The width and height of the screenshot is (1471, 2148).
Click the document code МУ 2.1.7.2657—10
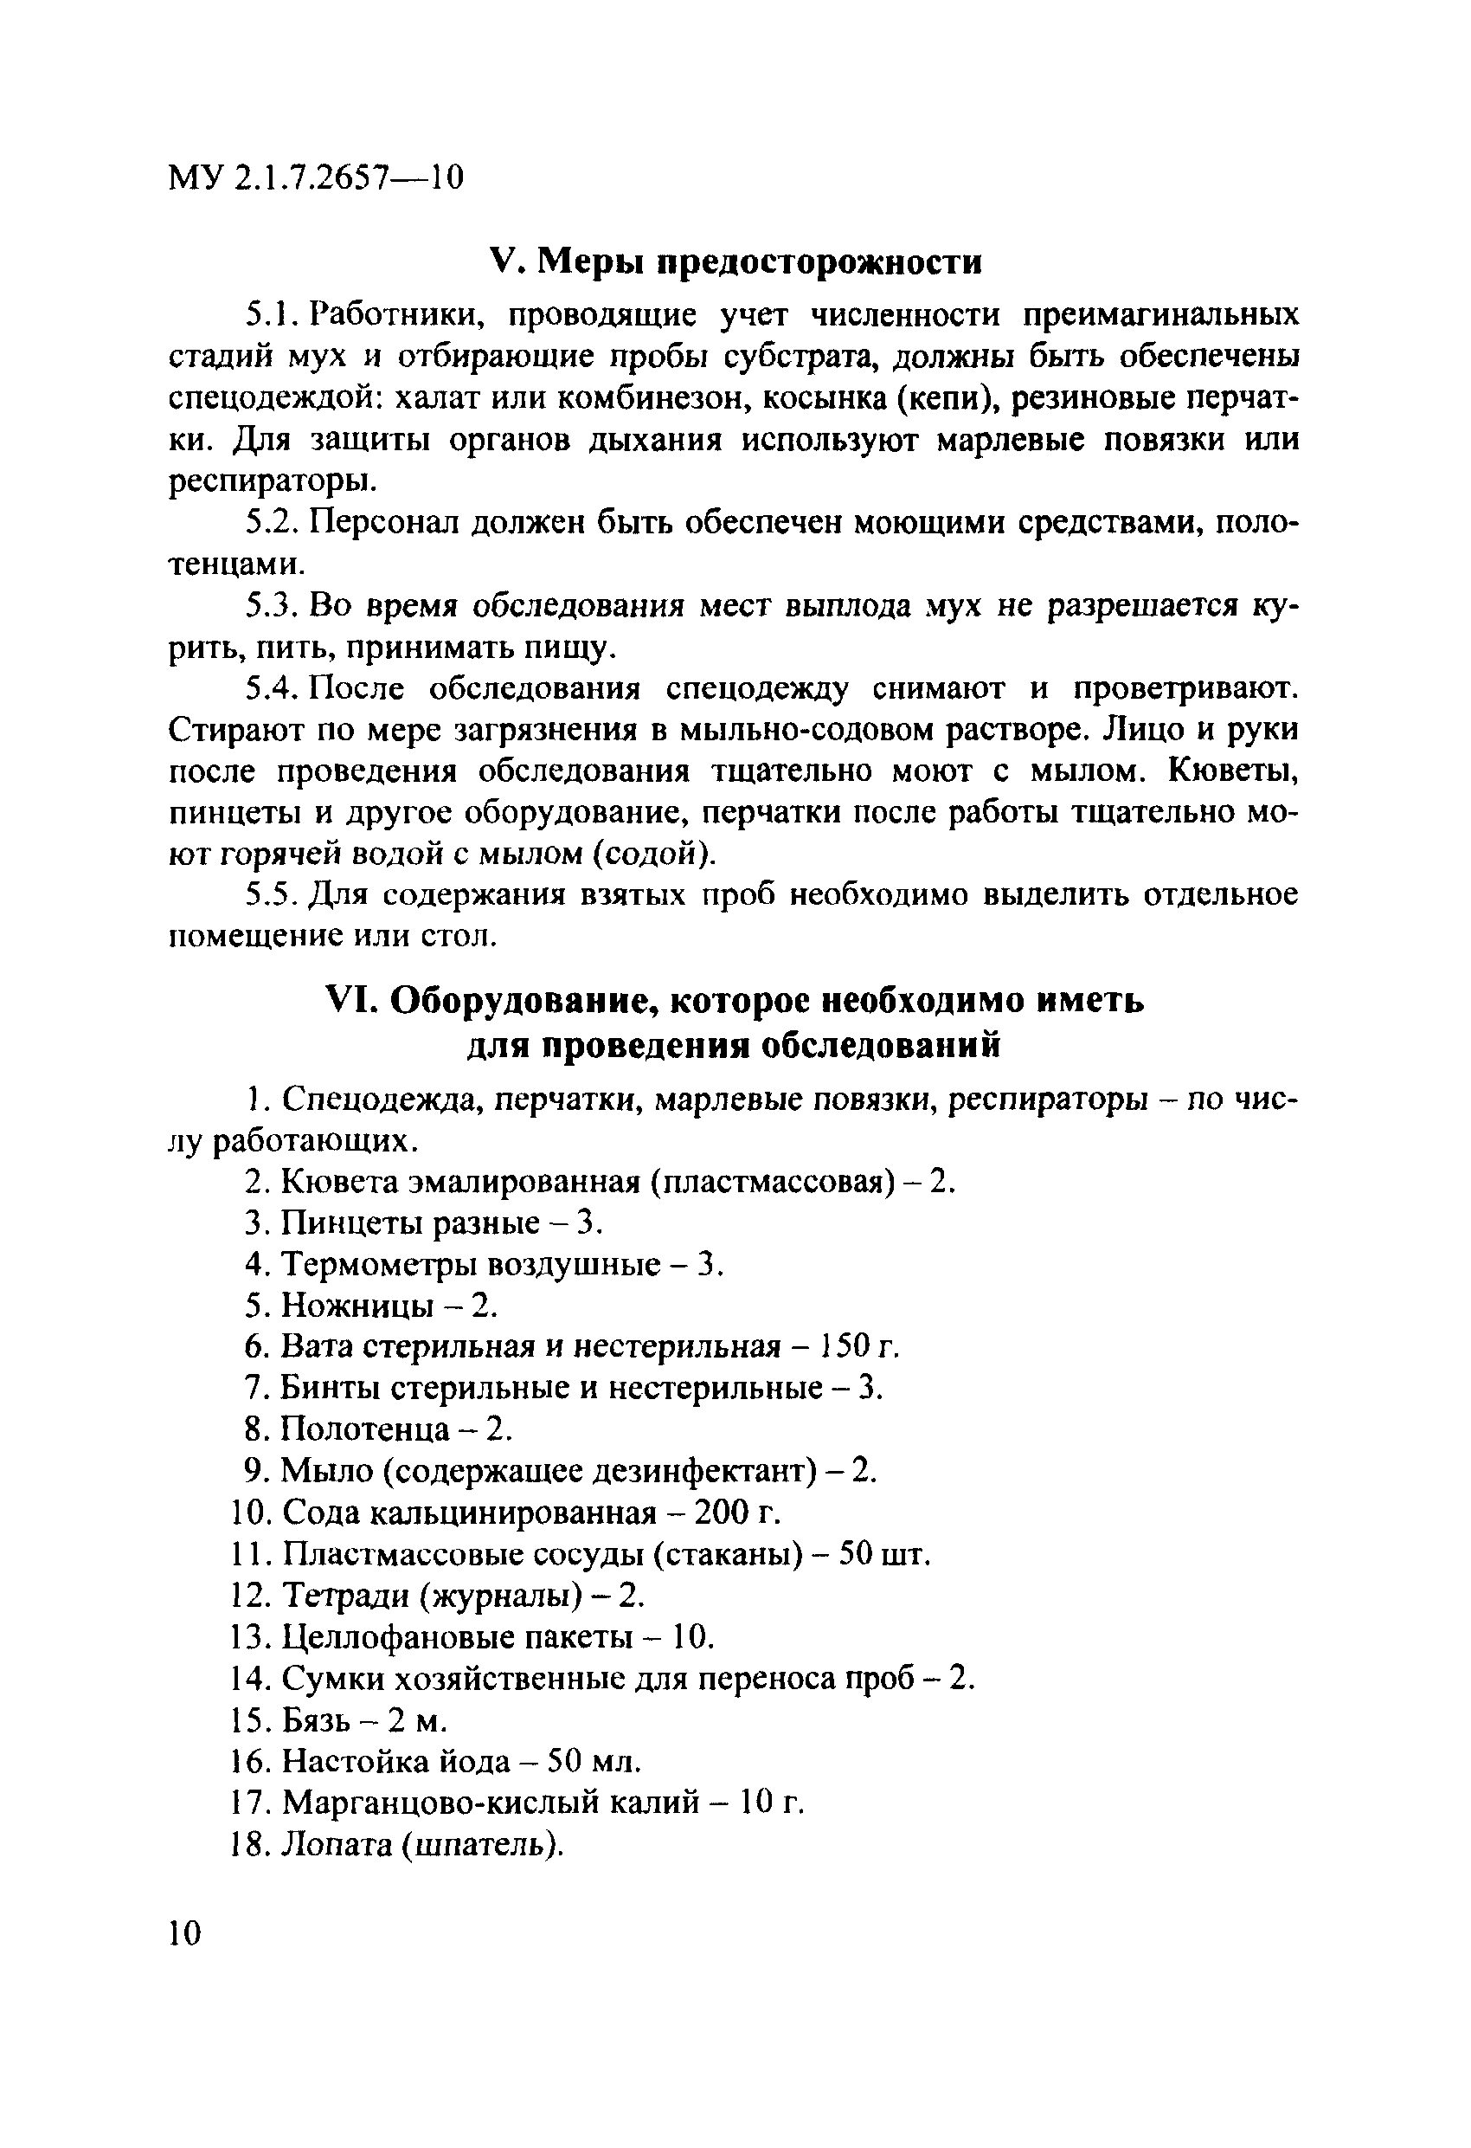(315, 176)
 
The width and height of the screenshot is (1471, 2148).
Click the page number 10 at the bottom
(185, 1932)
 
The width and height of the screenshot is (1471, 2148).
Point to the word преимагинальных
(1159, 315)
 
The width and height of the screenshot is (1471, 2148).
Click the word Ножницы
(356, 1306)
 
